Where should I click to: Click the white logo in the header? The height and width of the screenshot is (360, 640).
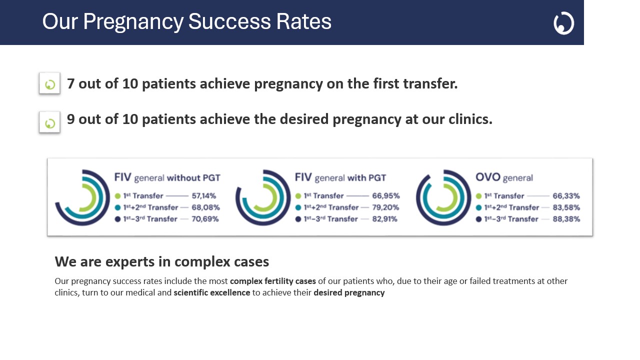coord(563,23)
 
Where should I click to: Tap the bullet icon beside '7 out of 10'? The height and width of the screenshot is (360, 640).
coord(49,83)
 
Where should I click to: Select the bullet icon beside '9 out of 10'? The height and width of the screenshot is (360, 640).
coord(49,122)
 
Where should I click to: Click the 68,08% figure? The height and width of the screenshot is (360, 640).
coord(205,207)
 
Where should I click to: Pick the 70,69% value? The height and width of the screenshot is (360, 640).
coord(205,219)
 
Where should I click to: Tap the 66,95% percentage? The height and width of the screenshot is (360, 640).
coord(385,196)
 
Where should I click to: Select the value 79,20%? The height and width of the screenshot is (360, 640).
coord(385,207)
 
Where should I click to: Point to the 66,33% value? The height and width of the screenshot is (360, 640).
coord(566,196)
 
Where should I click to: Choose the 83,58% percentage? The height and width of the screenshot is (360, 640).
coord(566,207)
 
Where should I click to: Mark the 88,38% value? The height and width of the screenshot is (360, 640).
coord(566,219)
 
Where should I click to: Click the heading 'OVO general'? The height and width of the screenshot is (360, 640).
coord(504,177)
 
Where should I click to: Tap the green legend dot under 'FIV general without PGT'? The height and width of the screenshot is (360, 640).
coord(118,196)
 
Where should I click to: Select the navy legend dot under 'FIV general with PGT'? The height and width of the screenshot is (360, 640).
coord(298,219)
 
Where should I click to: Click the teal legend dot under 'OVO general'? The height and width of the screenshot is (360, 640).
coord(479,207)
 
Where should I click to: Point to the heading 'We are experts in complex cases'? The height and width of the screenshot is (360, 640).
coord(162,261)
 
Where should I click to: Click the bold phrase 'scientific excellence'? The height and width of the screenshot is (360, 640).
coord(212,293)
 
